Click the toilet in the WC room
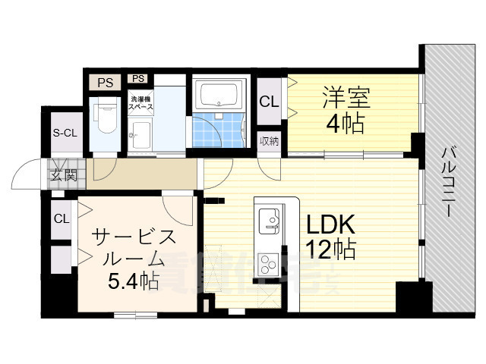tap(104, 115)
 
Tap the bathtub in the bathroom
tap(218, 96)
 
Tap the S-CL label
tap(65, 133)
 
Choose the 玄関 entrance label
tap(64, 176)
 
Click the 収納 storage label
tap(269, 140)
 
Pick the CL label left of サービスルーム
tap(61, 218)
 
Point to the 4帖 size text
tap(346, 123)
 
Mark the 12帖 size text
tap(332, 249)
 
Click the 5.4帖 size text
tap(132, 282)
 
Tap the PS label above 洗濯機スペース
tap(137, 78)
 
